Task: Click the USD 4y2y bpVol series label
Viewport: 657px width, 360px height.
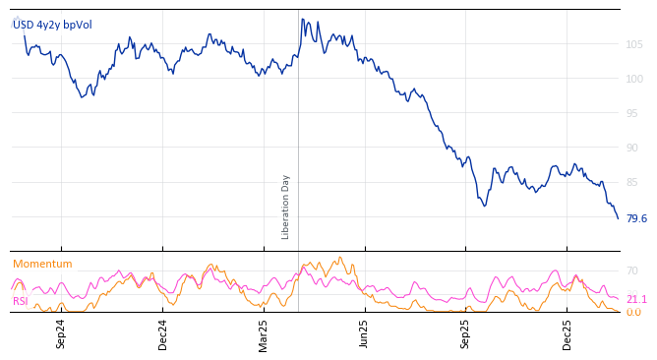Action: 52,25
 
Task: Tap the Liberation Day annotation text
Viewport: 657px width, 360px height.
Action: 286,207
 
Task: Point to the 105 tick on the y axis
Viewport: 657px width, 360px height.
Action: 634,44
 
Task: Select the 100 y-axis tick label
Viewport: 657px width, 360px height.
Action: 634,79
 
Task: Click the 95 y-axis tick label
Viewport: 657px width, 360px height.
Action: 634,113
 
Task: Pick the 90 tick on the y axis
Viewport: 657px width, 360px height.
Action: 634,148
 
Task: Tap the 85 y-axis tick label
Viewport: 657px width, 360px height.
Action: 634,182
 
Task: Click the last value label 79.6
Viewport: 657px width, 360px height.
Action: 636,218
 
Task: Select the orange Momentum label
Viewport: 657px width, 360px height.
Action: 42,264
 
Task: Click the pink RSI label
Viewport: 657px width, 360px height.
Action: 21,301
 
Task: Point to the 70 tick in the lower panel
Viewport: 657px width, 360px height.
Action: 632,270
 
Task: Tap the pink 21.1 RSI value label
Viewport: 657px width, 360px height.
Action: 636,299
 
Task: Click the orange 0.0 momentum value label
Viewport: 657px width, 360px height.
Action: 633,313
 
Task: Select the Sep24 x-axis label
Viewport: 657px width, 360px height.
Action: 61,333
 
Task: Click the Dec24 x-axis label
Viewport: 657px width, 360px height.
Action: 163,333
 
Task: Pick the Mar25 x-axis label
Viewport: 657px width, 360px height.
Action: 264,333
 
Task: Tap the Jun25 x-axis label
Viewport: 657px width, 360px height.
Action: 365,333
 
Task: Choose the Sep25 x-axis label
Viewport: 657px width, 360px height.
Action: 466,333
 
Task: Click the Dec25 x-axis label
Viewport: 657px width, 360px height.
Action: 567,333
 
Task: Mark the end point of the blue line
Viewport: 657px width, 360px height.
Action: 618,217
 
